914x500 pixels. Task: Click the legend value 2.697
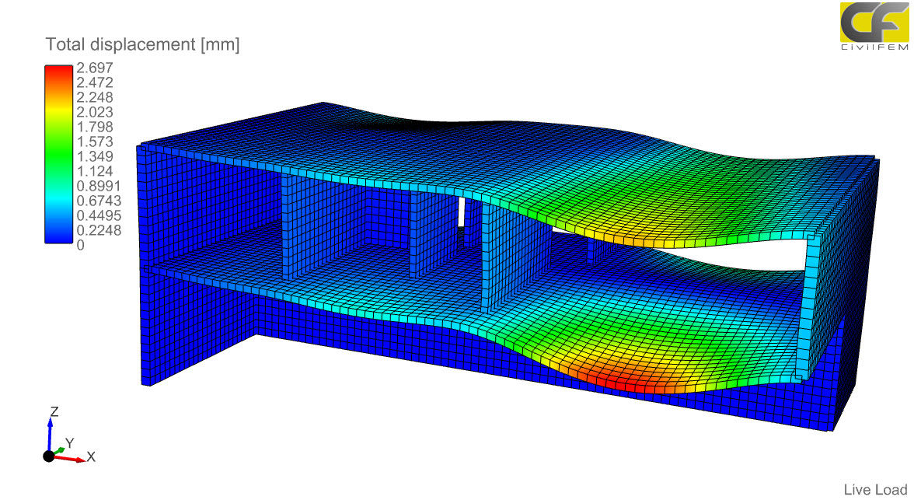pyautogui.click(x=95, y=68)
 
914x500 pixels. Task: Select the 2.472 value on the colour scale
pyautogui.click(x=95, y=82)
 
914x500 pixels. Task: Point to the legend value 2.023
pyautogui.click(x=95, y=112)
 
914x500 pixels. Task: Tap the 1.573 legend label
pyautogui.click(x=95, y=142)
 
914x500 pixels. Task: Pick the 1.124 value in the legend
pyautogui.click(x=95, y=171)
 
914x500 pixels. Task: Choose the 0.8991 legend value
pyautogui.click(x=99, y=186)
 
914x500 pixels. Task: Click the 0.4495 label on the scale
pyautogui.click(x=99, y=215)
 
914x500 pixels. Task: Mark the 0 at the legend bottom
pyautogui.click(x=81, y=245)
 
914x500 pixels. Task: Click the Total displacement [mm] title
pyautogui.click(x=142, y=45)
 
